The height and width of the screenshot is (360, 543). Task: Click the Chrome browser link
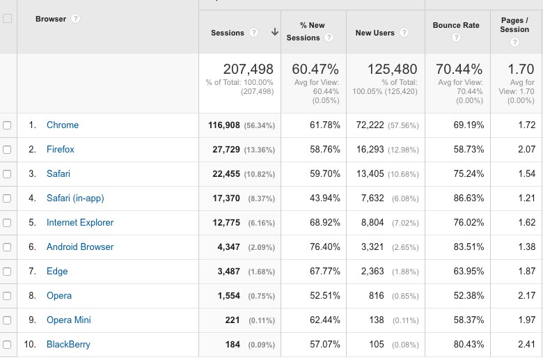click(63, 125)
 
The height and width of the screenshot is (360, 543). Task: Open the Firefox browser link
click(61, 150)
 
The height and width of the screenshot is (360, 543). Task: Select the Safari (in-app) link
click(75, 198)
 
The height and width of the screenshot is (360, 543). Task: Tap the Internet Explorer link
click(80, 223)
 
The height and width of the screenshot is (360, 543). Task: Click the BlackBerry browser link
click(68, 345)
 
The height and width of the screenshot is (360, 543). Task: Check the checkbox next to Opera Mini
click(7, 320)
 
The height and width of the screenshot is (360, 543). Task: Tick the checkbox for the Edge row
click(7, 272)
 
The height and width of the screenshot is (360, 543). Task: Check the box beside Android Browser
click(7, 247)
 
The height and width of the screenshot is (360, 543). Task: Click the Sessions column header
click(228, 33)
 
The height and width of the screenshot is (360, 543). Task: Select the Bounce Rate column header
click(456, 26)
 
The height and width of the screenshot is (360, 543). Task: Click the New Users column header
click(375, 33)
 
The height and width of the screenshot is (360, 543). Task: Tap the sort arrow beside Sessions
click(274, 32)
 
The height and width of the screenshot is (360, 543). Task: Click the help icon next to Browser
click(75, 19)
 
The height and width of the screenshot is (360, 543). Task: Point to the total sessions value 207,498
click(248, 70)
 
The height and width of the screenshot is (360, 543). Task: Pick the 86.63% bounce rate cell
click(468, 198)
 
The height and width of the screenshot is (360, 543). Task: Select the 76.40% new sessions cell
click(325, 247)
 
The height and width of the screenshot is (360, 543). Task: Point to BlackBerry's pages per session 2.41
click(527, 345)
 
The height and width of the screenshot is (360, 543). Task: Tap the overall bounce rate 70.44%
click(459, 70)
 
